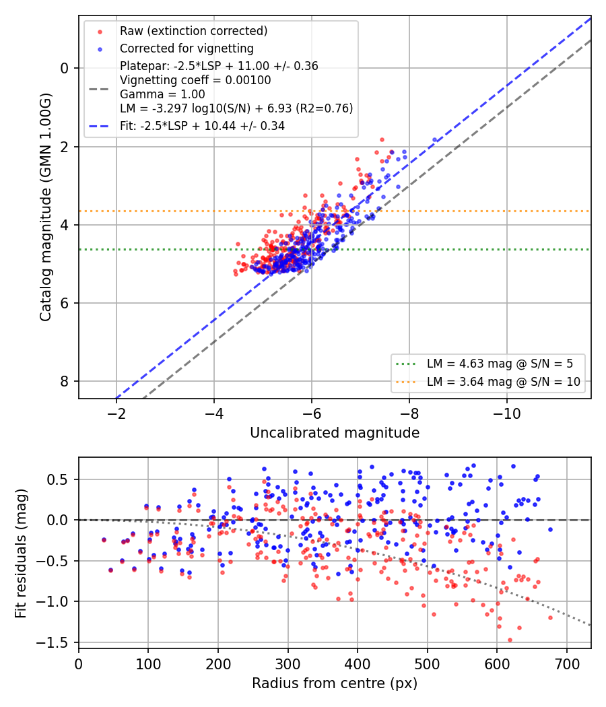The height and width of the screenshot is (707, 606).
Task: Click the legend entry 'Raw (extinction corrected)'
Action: point(193,31)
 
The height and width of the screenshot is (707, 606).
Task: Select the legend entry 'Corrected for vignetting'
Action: point(187,48)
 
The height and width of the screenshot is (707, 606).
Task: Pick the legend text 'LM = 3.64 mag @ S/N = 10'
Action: point(504,382)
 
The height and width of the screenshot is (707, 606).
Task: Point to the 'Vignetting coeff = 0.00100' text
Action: point(195,80)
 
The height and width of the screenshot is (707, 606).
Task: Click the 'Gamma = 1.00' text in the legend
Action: point(162,94)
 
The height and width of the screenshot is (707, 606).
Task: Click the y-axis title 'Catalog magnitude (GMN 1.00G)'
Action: point(46,207)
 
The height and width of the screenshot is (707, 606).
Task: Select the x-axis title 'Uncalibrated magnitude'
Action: point(335,433)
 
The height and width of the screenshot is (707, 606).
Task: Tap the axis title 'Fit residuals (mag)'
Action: point(21,553)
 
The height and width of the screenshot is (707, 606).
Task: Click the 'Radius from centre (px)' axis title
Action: point(335,683)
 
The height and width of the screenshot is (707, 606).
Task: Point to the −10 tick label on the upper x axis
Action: point(507,414)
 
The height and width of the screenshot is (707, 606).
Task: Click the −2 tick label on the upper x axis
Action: point(116,414)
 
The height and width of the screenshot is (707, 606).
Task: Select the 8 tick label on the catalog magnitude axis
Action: point(65,382)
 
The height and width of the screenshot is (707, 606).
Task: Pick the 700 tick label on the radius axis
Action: point(566,664)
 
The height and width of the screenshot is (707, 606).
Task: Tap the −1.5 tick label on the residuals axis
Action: point(53,642)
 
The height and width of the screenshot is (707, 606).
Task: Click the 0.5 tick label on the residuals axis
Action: point(58,479)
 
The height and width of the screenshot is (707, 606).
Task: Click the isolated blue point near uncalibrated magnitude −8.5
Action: point(435,140)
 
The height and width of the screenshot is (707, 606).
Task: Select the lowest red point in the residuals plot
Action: point(510,640)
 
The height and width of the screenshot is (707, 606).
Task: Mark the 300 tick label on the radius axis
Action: point(288,664)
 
